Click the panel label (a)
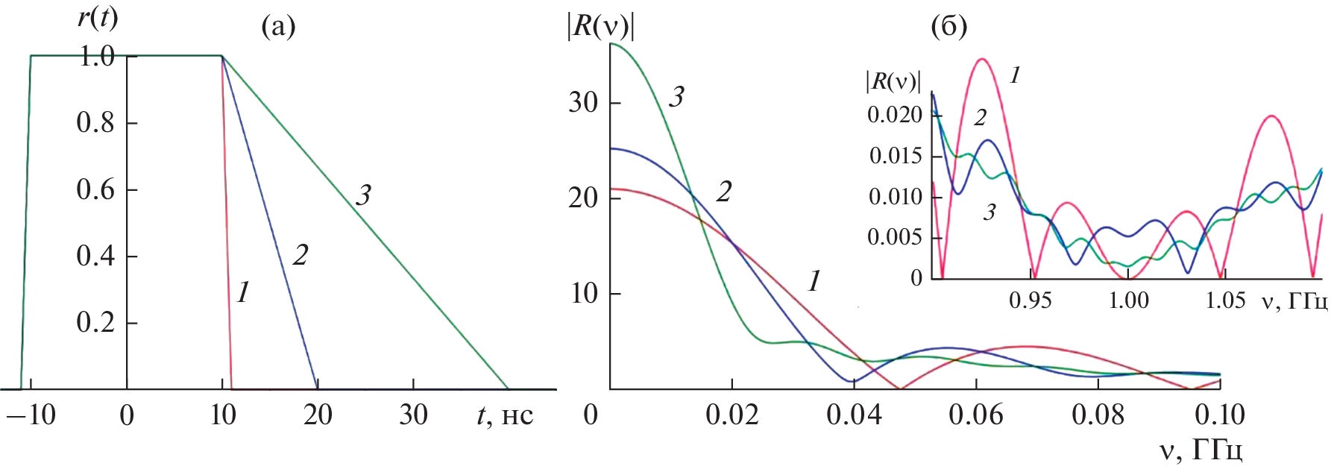[278, 28]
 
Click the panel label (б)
[949, 28]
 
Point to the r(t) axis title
[98, 16]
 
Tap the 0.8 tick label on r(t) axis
[95, 123]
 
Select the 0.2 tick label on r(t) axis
[95, 323]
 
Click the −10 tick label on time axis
[31, 415]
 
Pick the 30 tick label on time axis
[413, 415]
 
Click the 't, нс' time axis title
[505, 415]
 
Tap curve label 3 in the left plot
[363, 195]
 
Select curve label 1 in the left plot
[243, 293]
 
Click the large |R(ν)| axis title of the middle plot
[600, 28]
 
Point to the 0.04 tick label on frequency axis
[854, 415]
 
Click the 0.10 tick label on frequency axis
[1220, 415]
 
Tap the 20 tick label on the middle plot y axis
[584, 198]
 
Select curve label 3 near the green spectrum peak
[676, 97]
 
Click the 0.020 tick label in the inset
[895, 116]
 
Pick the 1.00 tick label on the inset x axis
[1128, 300]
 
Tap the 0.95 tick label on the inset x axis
[1030, 300]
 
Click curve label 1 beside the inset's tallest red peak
[1015, 75]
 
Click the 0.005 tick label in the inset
[895, 238]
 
